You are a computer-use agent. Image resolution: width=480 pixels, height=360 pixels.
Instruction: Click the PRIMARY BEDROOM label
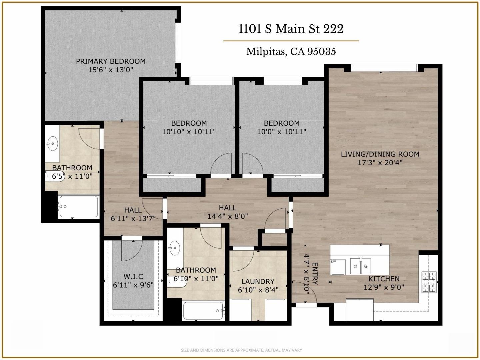(111, 61)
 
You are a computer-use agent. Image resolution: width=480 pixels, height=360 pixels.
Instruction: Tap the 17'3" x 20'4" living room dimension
(380, 163)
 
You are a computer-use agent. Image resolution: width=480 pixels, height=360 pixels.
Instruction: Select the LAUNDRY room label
(258, 281)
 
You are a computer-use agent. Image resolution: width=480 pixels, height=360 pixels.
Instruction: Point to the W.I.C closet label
(133, 276)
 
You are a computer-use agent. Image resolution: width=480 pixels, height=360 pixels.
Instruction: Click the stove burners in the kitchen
(429, 282)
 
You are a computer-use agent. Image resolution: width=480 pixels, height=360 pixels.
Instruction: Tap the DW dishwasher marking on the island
(333, 262)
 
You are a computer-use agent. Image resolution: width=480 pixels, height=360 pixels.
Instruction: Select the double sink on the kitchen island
(360, 266)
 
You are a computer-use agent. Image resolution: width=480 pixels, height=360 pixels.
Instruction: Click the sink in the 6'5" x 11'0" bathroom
(52, 144)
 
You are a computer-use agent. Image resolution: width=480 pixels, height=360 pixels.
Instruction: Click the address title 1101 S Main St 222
(291, 29)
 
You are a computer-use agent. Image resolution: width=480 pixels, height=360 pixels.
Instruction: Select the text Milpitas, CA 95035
(291, 52)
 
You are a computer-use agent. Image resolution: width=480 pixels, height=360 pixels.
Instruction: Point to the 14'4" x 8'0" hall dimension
(228, 216)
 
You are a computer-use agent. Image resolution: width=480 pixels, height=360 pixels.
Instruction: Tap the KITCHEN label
(384, 279)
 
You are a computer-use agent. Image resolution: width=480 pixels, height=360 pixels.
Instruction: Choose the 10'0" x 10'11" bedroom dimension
(282, 132)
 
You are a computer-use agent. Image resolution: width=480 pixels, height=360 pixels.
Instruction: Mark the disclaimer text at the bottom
(241, 350)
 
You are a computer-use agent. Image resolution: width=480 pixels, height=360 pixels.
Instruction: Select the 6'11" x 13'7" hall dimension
(133, 219)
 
